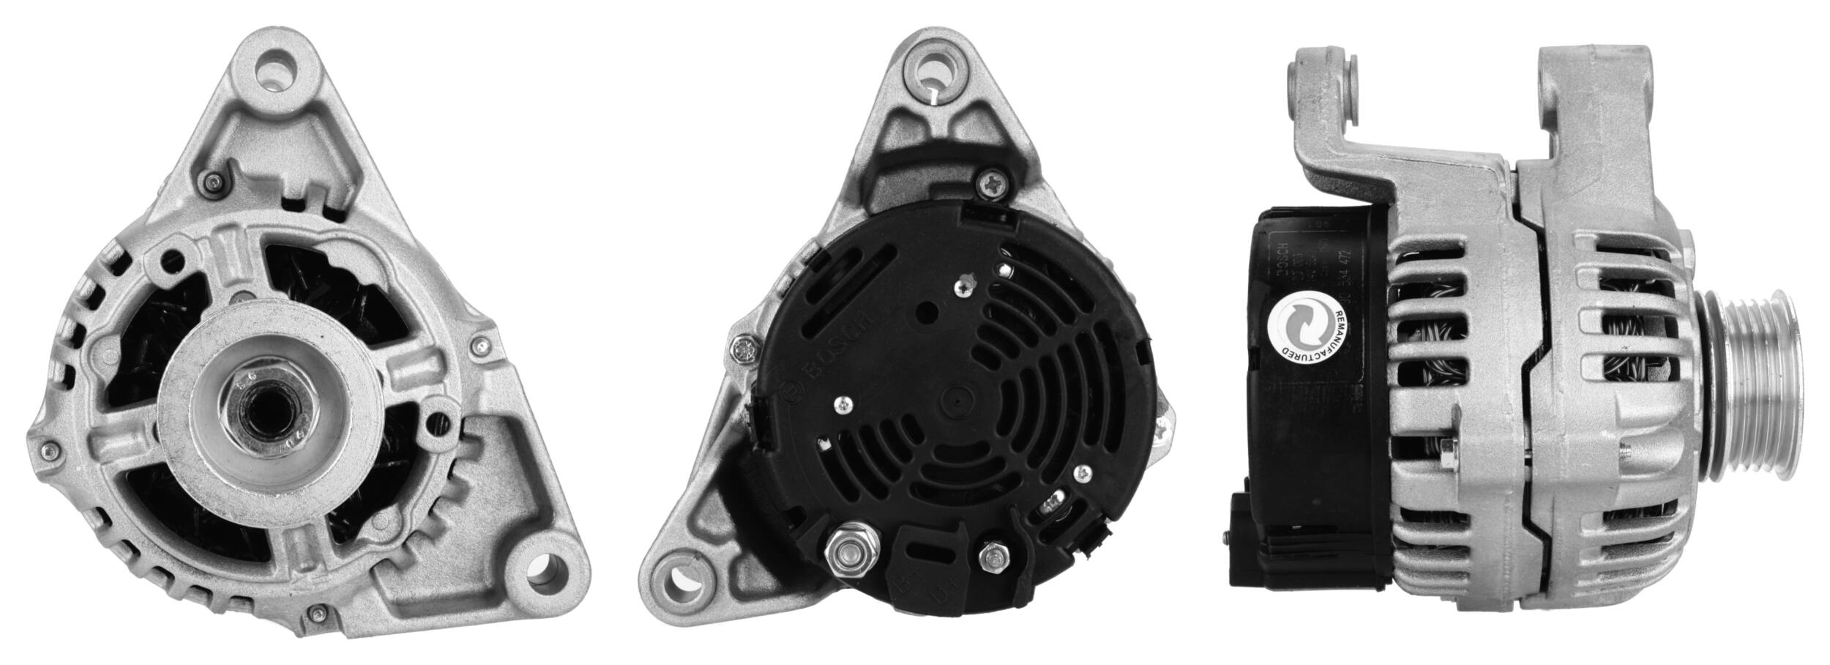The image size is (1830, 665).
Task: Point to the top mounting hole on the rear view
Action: point(936,73)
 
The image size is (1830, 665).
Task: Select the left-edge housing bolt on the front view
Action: point(49,448)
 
